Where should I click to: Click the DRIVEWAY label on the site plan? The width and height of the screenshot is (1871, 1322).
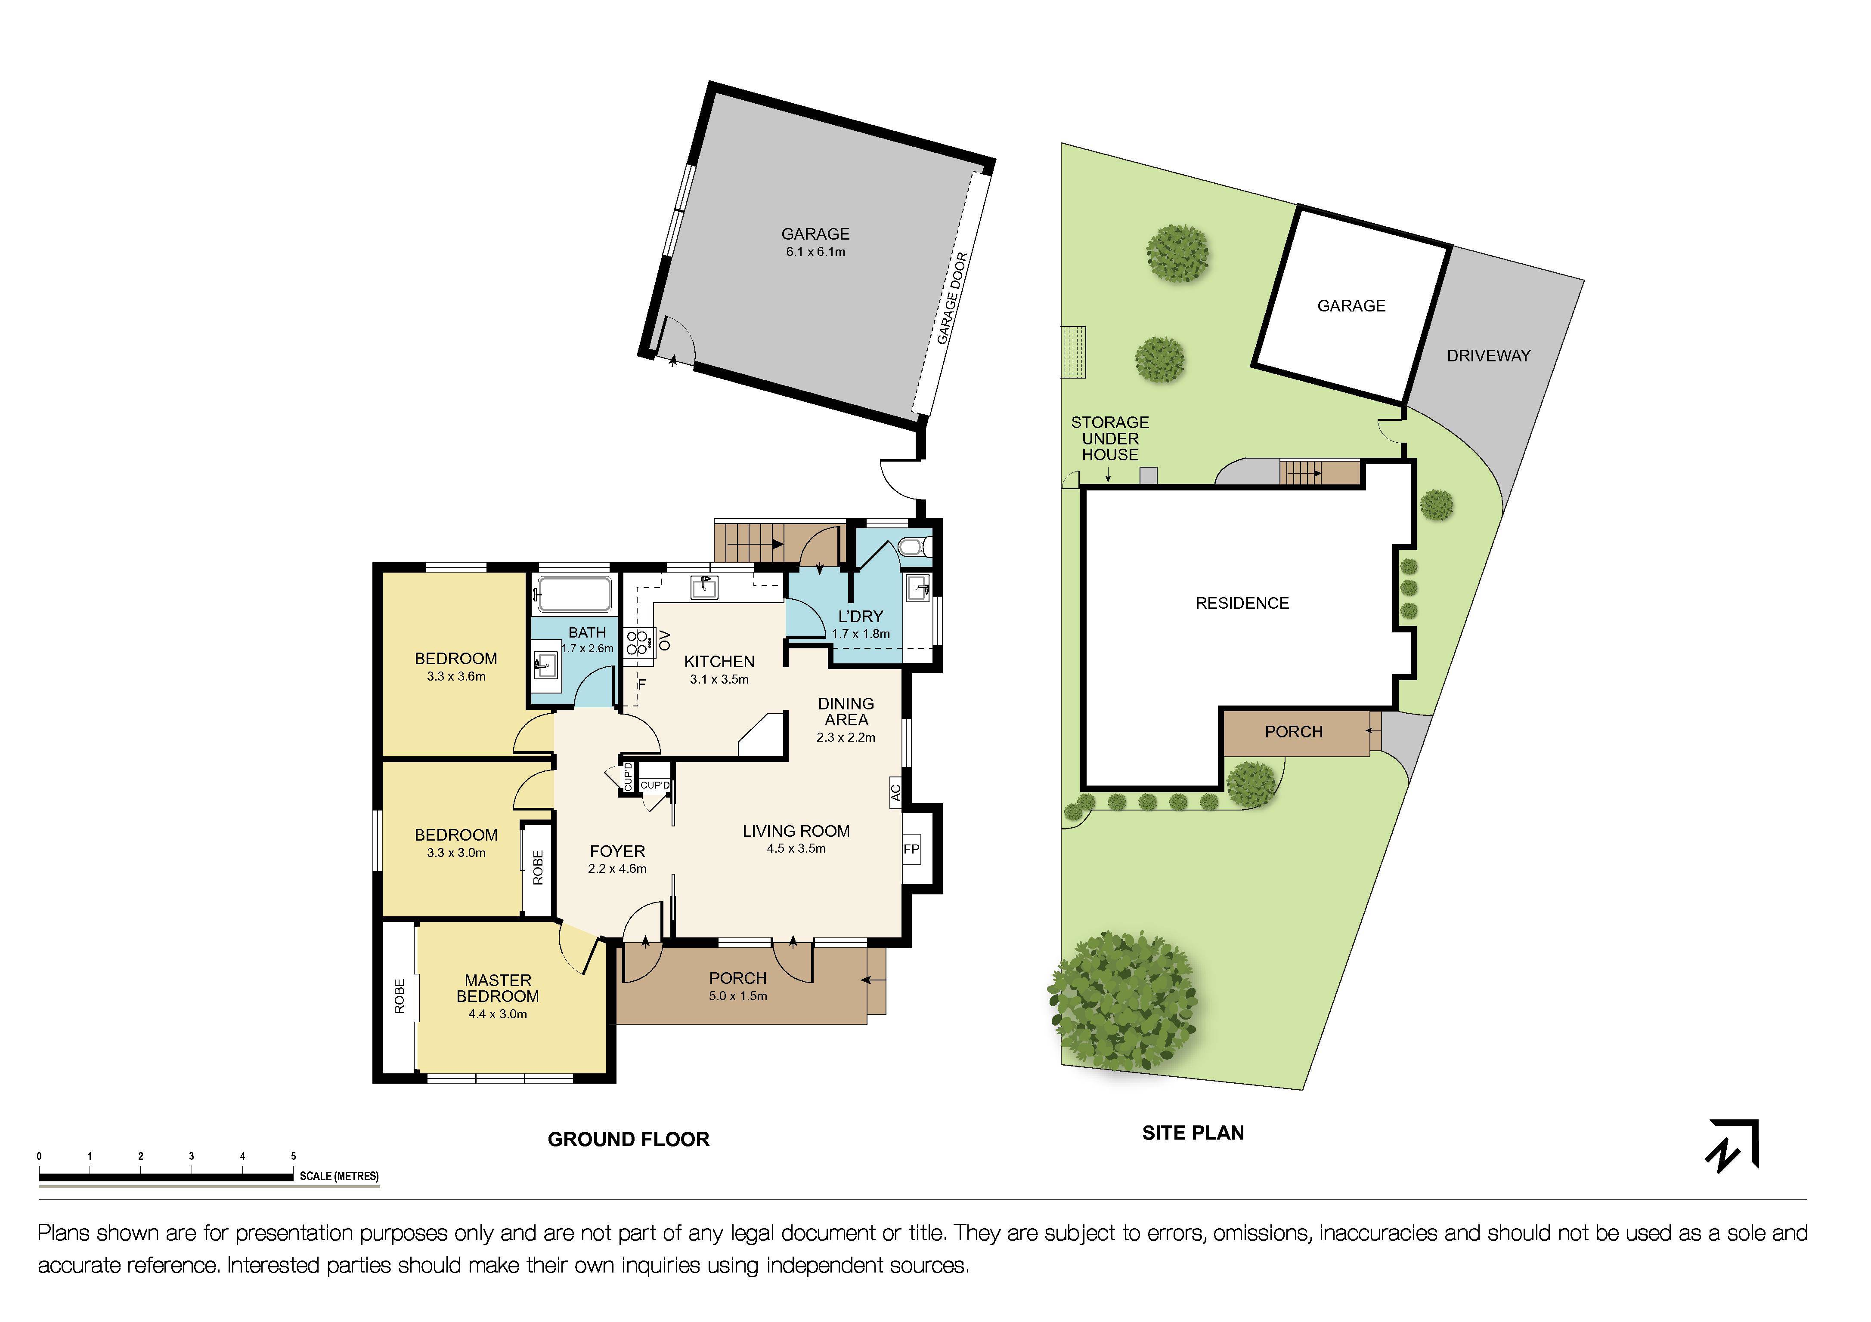(1488, 356)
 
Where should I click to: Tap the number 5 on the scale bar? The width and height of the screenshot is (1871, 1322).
(293, 1156)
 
